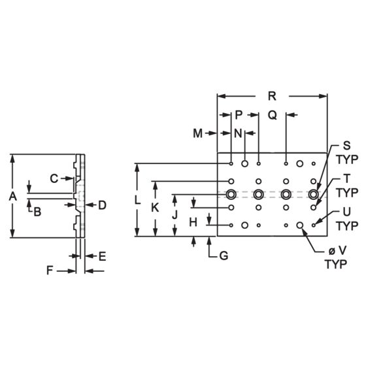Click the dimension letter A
point(13,196)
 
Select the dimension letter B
point(37,212)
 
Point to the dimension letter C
point(54,178)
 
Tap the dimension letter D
point(102,205)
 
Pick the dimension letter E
point(103,256)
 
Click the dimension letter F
point(50,271)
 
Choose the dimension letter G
point(224,256)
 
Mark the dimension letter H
point(193,222)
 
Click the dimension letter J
point(175,215)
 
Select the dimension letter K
point(156,208)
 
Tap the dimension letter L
point(137,200)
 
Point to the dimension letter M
point(197,133)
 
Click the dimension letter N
point(238,133)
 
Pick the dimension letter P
point(239,115)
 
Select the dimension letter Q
point(272,115)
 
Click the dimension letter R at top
point(272,96)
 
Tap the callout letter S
point(347,145)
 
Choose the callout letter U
point(347,212)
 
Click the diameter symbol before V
point(332,251)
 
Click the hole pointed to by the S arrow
point(313,194)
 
